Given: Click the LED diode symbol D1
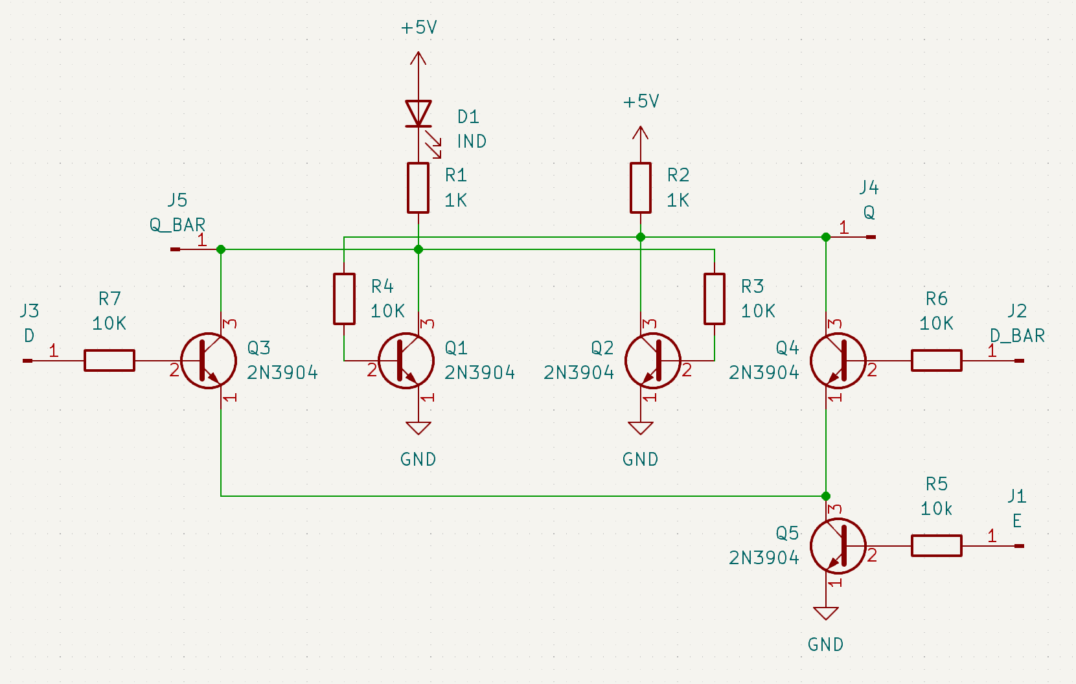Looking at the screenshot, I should (418, 114).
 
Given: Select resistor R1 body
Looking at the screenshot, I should (418, 188).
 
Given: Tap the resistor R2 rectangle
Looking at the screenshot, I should (641, 188).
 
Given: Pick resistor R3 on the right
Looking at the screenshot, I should (715, 299).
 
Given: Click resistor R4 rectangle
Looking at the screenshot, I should (344, 299).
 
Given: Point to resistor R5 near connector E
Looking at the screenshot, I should (936, 545).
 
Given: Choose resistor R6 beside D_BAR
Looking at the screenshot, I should (936, 360).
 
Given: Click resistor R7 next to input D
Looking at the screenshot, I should (109, 360).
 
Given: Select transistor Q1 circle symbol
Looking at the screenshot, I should (406, 361).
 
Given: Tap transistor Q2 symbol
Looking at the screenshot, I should (652, 361).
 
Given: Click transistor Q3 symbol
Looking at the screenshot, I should (209, 361).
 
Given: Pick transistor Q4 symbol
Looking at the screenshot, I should (838, 361).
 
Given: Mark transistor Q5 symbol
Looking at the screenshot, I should (838, 546).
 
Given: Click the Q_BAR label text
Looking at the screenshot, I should (177, 225).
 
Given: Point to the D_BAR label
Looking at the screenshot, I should (1017, 336).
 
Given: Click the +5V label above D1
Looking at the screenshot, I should (418, 28).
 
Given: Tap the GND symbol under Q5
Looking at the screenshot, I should (826, 613).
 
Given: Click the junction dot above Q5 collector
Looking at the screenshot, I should (826, 496).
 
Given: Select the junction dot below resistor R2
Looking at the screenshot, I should (641, 237).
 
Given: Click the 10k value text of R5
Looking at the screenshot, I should (936, 509).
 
